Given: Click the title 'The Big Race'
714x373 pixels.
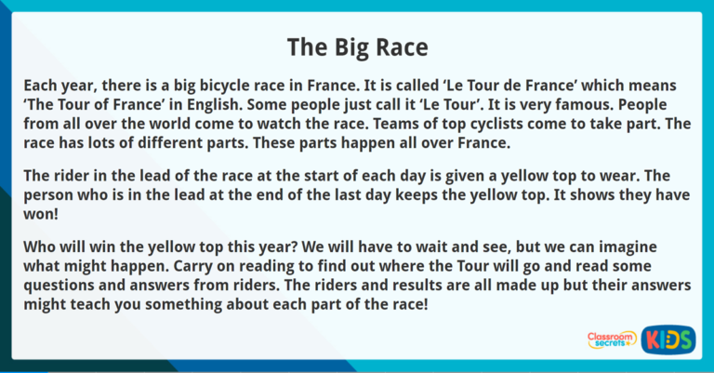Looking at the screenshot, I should tap(357, 46).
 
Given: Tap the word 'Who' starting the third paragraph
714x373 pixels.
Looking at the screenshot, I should tap(40, 246).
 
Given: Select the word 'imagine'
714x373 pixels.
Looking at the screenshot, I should tap(657, 246).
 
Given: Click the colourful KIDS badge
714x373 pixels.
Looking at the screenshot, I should tap(668, 340).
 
